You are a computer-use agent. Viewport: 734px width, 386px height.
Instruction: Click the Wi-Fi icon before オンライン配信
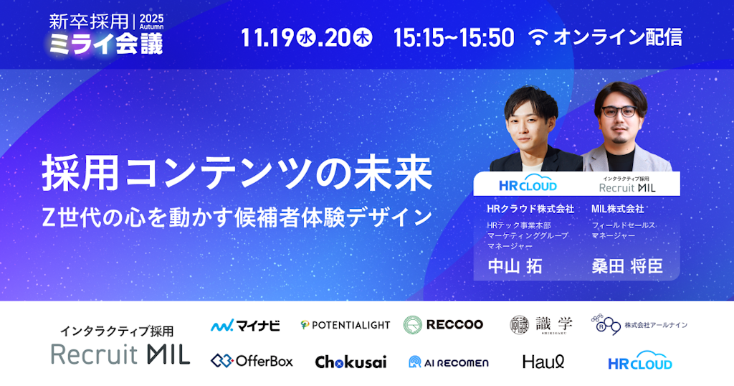coord(538,38)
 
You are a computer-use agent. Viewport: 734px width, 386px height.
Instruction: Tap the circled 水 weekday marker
coord(306,38)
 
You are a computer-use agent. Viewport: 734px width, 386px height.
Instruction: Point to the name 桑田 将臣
coord(626,266)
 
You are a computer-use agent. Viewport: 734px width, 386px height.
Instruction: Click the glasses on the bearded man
coord(619,112)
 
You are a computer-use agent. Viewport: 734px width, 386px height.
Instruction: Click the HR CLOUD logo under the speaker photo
coord(527,185)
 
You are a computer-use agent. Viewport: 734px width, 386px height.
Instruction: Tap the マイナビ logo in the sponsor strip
coord(245,325)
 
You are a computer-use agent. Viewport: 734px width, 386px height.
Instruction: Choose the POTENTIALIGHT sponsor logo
coord(345,325)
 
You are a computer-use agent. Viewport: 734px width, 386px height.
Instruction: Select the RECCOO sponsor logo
coord(444,324)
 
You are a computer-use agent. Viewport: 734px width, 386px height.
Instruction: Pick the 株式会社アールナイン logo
coord(639,325)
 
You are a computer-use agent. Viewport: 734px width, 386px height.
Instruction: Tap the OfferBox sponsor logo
coord(252,361)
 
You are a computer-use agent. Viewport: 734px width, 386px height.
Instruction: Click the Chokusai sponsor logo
coord(351,362)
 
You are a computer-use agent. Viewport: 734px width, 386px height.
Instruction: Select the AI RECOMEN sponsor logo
coord(448,362)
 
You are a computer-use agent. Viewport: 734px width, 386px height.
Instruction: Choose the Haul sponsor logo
coord(543,362)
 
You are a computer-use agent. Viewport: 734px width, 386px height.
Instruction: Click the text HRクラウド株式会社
coord(530,210)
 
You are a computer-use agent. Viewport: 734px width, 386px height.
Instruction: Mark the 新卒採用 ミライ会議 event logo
coord(106,33)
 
